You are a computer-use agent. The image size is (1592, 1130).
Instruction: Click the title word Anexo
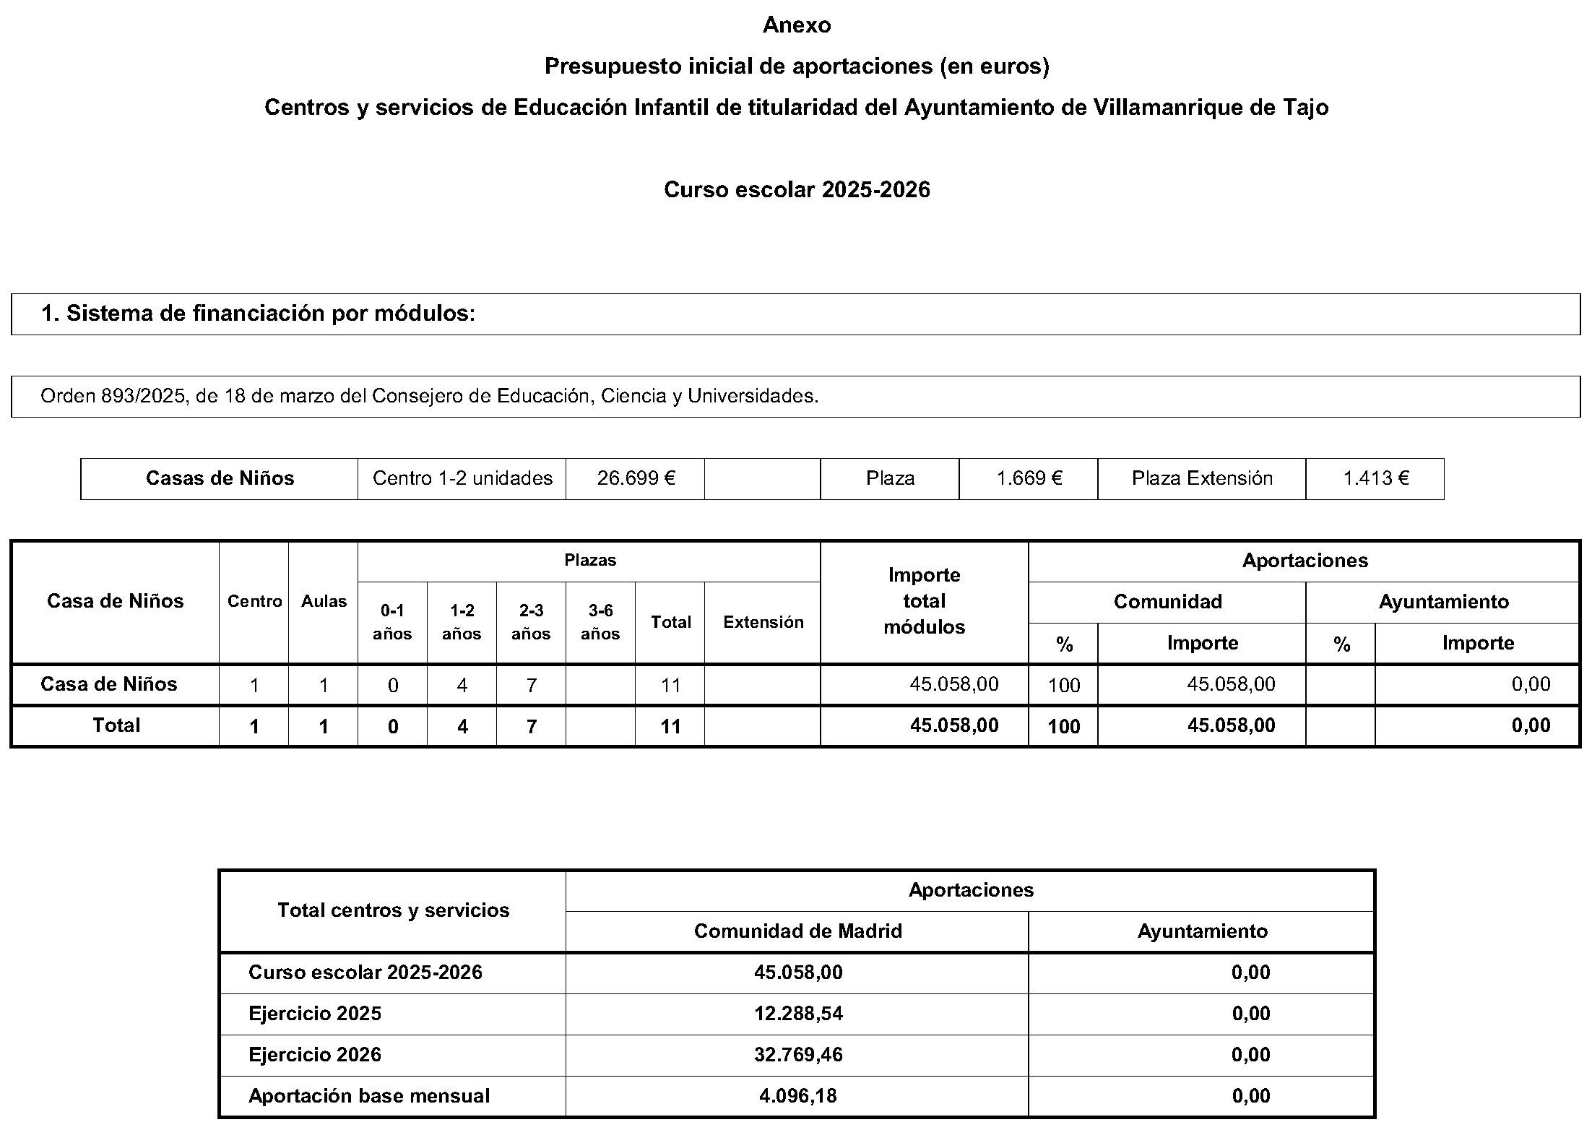797,25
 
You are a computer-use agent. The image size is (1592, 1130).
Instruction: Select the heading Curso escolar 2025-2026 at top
797,190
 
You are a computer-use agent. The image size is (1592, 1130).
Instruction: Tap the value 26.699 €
636,478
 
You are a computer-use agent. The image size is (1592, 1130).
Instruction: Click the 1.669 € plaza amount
1029,478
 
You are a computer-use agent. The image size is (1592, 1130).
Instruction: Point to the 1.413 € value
1375,478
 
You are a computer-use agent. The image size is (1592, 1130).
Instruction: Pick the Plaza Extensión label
1202,478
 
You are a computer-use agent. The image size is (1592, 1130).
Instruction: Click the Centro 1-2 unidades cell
462,478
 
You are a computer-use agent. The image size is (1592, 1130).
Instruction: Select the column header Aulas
324,601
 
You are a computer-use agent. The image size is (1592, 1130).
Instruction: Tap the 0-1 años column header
392,622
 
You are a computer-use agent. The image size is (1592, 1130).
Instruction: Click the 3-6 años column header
600,622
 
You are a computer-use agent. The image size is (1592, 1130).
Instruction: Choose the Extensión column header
763,622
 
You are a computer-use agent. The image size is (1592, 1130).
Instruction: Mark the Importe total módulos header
924,601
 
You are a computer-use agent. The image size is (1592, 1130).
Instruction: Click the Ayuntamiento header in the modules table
1443,602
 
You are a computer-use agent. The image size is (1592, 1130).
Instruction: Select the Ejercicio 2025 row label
315,1014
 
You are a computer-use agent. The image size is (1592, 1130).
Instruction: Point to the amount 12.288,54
798,1014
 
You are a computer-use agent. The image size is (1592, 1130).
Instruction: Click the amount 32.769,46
798,1055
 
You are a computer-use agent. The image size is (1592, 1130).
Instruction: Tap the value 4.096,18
798,1096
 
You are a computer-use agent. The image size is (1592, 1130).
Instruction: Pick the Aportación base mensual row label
369,1096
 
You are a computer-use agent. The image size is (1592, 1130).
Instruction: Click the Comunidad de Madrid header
798,931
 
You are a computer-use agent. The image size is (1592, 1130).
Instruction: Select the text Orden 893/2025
113,396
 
